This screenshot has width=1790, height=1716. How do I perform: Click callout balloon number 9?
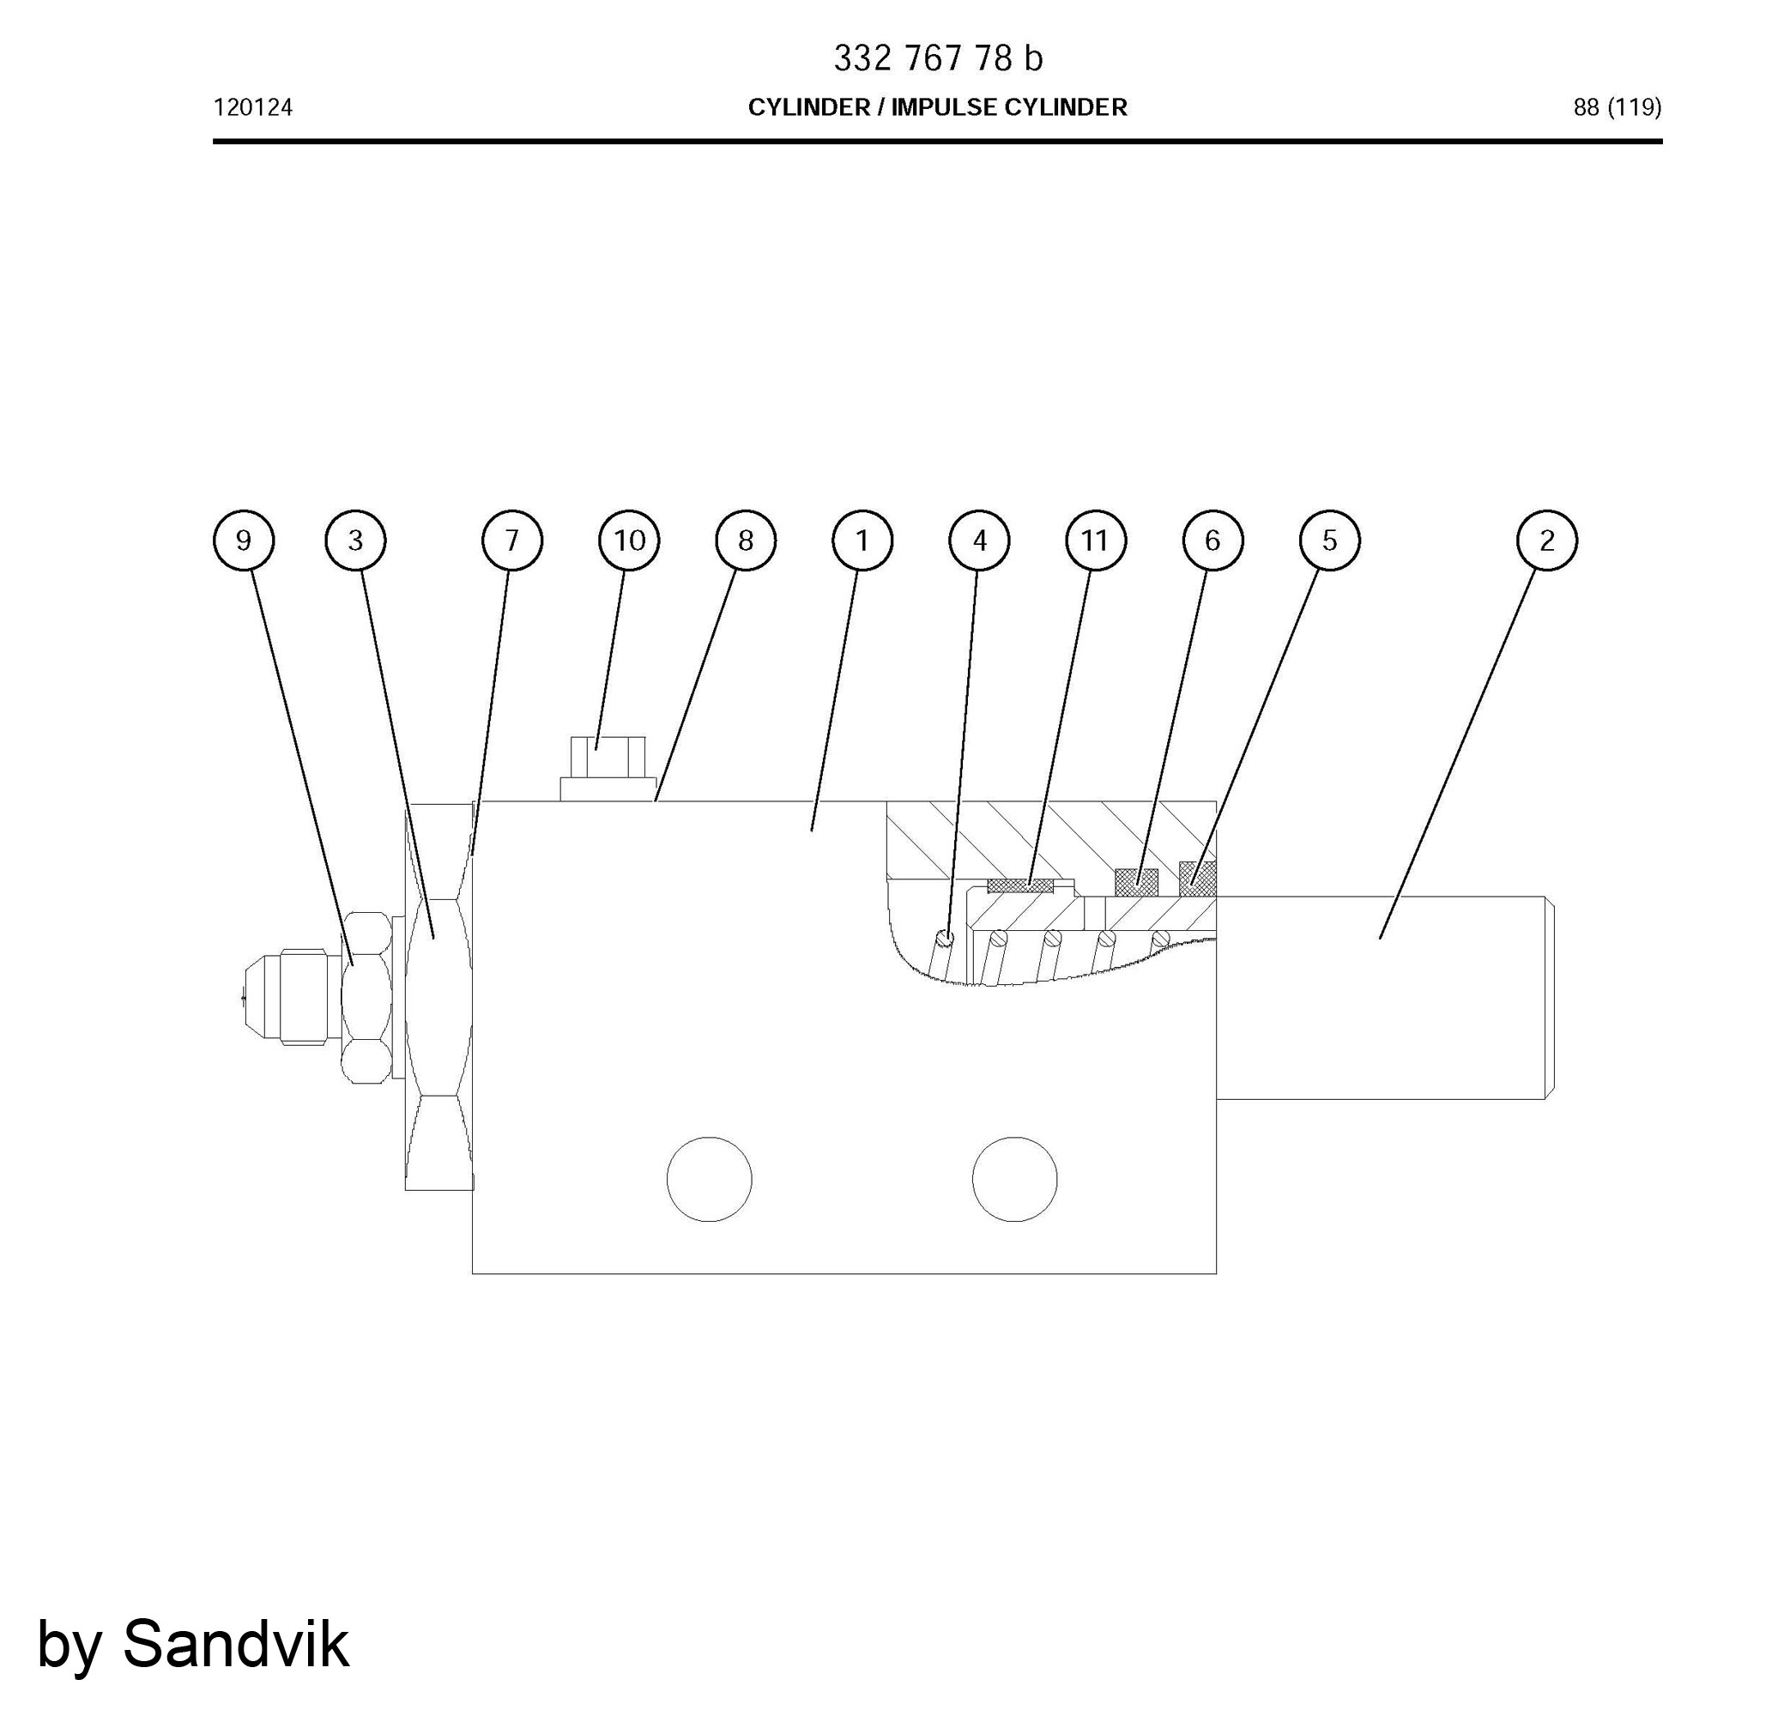point(243,541)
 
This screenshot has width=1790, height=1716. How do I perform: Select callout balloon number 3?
point(355,541)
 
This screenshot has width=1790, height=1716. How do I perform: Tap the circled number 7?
point(511,541)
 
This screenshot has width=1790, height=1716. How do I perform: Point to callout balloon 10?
point(628,541)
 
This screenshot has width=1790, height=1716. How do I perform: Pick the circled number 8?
point(745,541)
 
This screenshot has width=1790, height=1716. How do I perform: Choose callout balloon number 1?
point(862,541)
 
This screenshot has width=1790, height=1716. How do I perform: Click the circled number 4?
point(979,541)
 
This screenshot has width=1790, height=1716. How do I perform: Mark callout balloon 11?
point(1095,541)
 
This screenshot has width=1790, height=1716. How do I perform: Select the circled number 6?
point(1212,541)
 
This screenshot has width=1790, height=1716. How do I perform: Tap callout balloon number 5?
point(1329,541)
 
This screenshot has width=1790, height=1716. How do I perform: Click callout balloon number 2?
point(1546,541)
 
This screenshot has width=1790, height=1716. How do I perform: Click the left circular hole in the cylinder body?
point(709,1179)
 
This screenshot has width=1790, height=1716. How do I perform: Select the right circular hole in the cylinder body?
point(1014,1179)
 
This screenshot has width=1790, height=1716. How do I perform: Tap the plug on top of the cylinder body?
point(608,769)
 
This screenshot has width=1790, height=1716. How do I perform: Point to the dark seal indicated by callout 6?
point(1136,882)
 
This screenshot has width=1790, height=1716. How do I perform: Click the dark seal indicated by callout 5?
point(1198,879)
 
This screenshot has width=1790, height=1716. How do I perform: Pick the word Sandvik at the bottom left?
point(236,1644)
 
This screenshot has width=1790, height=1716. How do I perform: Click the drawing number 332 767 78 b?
point(937,58)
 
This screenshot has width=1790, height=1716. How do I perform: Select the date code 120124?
point(253,108)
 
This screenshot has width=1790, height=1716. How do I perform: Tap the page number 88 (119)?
point(1617,108)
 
